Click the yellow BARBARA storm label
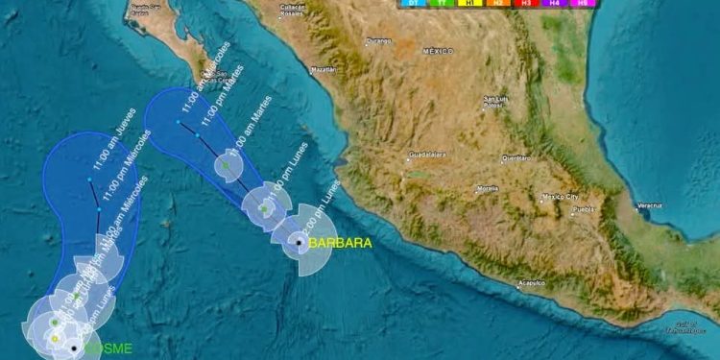click(340, 243)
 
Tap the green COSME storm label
click(108, 348)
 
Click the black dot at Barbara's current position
click(300, 243)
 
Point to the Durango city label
click(379, 40)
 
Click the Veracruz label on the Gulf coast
click(650, 205)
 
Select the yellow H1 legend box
click(470, 4)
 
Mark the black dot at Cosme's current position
click(73, 348)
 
